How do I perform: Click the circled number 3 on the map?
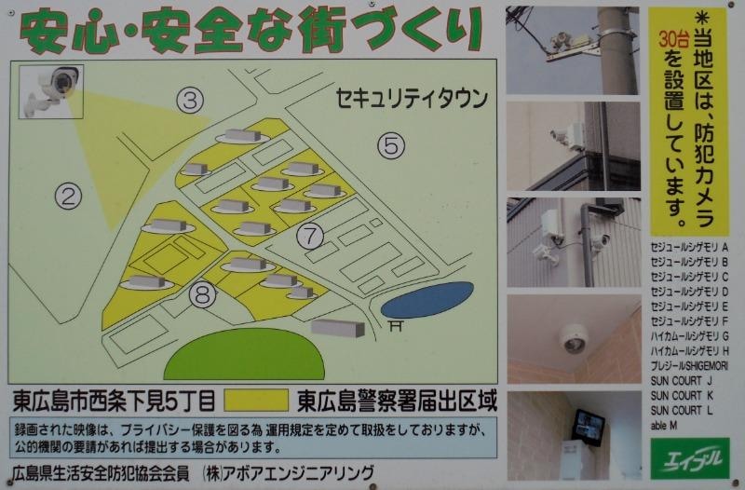click(x=191, y=101)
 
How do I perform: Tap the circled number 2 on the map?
click(x=69, y=196)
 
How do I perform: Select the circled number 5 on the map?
click(x=391, y=144)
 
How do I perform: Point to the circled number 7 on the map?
click(x=310, y=235)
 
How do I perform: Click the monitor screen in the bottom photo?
click(x=589, y=425)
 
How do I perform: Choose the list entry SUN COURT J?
click(x=682, y=381)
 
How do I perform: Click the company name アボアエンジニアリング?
click(x=302, y=471)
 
